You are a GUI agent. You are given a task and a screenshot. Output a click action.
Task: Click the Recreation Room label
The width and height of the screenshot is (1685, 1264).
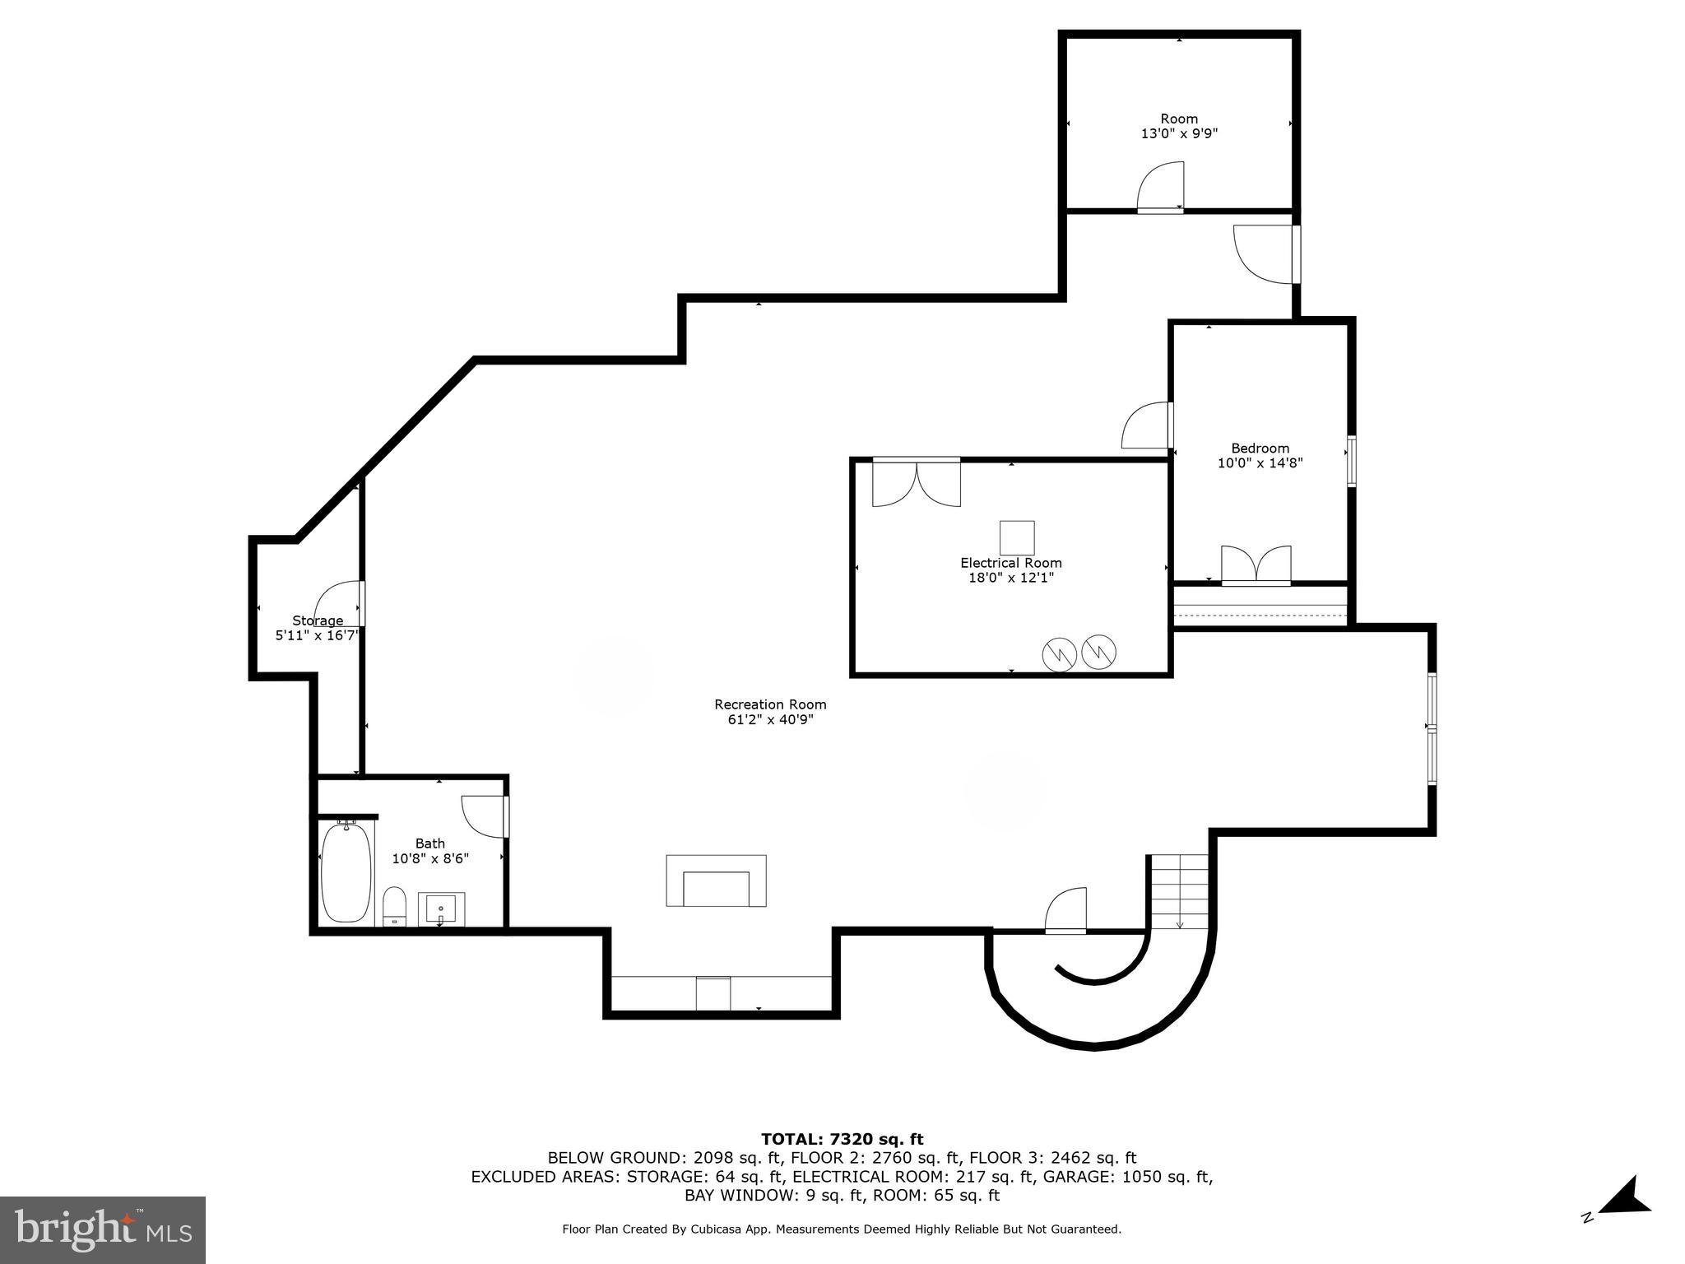pyautogui.click(x=770, y=704)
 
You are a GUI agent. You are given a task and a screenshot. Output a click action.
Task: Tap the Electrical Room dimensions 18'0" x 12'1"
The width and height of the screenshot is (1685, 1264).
pyautogui.click(x=1010, y=578)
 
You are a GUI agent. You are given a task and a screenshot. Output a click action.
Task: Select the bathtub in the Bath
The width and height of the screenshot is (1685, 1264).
pyautogui.click(x=346, y=872)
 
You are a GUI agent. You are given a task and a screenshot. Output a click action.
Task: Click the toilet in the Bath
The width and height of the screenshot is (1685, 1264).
pyautogui.click(x=395, y=906)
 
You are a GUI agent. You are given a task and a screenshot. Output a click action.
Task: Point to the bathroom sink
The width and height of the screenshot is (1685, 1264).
pyautogui.click(x=441, y=908)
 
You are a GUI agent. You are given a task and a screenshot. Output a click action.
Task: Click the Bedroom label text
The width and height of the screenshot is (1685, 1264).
pyautogui.click(x=1260, y=448)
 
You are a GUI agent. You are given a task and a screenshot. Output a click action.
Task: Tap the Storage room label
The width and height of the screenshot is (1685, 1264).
pyautogui.click(x=318, y=620)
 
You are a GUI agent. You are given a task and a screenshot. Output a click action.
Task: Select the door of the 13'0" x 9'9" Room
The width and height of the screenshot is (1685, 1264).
pyautogui.click(x=1161, y=188)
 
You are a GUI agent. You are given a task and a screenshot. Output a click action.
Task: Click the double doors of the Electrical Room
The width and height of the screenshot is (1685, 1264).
pyautogui.click(x=916, y=484)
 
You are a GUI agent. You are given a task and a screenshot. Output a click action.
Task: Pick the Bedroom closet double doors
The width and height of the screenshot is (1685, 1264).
pyautogui.click(x=1256, y=565)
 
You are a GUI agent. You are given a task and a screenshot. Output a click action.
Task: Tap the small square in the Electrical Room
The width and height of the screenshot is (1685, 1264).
pyautogui.click(x=1017, y=537)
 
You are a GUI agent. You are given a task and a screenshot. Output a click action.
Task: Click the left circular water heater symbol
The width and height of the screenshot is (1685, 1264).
pyautogui.click(x=1059, y=655)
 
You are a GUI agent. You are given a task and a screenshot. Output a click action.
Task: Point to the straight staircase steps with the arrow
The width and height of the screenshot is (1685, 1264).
pyautogui.click(x=1180, y=892)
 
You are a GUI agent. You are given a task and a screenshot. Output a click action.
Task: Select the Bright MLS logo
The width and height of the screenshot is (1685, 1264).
pyautogui.click(x=103, y=1229)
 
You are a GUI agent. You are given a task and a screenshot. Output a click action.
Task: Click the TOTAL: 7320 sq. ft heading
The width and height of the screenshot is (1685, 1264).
pyautogui.click(x=842, y=1139)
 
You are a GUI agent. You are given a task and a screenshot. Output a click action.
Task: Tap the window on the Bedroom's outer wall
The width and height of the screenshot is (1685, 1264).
pyautogui.click(x=1351, y=461)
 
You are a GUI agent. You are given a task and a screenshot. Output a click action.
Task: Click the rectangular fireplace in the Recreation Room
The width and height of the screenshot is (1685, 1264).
pyautogui.click(x=716, y=881)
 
